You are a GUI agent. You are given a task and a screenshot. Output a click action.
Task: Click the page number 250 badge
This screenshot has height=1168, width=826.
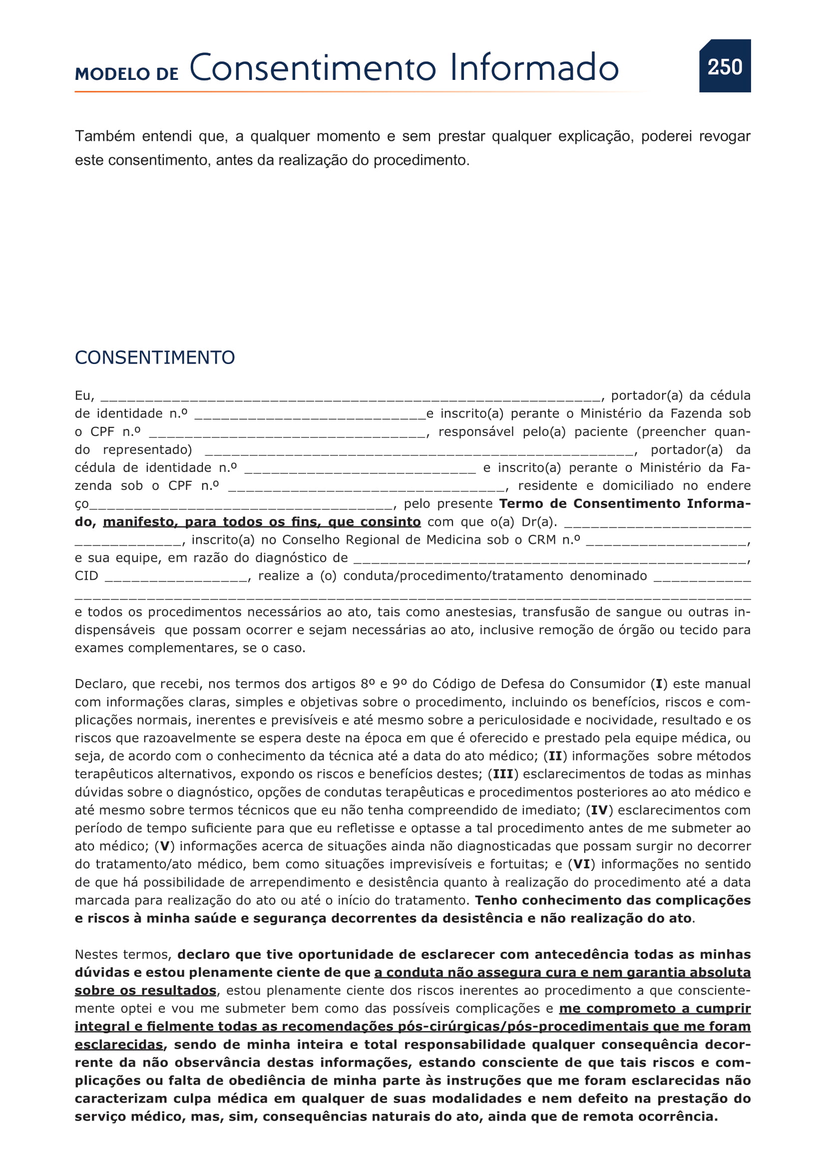[x=724, y=66]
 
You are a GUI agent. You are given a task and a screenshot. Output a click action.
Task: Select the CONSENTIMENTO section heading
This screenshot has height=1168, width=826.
[x=155, y=358]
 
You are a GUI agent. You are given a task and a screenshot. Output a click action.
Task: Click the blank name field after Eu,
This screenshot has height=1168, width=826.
[x=350, y=396]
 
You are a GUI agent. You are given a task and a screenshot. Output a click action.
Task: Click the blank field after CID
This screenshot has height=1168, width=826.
[x=176, y=576]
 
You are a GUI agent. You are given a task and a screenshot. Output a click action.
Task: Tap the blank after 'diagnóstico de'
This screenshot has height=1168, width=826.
[x=549, y=559]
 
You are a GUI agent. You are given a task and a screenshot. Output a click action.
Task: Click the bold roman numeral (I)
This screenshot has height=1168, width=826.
[x=659, y=684]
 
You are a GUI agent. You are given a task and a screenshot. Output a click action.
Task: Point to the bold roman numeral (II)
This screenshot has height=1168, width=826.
[x=555, y=757]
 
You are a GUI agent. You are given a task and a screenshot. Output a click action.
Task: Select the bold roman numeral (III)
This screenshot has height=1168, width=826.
[x=503, y=775]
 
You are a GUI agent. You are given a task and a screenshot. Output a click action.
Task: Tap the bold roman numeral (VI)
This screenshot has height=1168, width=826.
[x=581, y=864]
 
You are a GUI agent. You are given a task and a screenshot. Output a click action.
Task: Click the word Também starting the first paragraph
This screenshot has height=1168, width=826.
[x=105, y=136]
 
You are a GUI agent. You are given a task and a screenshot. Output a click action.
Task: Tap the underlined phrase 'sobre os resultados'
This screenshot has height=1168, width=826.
[x=145, y=991]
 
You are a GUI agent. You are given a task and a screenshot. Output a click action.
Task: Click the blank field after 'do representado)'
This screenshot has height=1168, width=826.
[x=419, y=450]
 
